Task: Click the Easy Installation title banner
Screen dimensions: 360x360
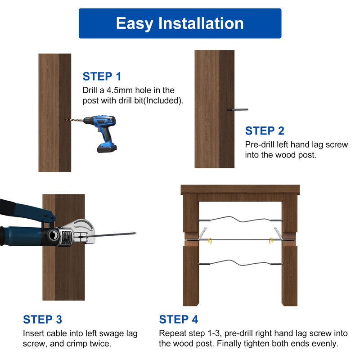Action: pos(180,23)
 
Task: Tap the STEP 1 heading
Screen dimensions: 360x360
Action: pos(102,76)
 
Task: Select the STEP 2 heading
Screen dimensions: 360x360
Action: pos(265,131)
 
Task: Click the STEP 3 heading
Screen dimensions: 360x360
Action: pos(42,319)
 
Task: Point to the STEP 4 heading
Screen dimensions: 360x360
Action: pos(178,319)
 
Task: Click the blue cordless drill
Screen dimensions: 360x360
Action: pos(101,132)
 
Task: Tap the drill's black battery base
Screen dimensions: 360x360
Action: pos(107,148)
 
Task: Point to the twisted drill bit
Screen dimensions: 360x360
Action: pos(74,120)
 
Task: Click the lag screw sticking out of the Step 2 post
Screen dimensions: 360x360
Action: pos(237,109)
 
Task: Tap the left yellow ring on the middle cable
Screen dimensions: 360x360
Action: pos(210,240)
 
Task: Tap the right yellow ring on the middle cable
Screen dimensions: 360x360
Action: pos(271,240)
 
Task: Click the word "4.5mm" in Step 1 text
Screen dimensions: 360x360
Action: pos(120,90)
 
